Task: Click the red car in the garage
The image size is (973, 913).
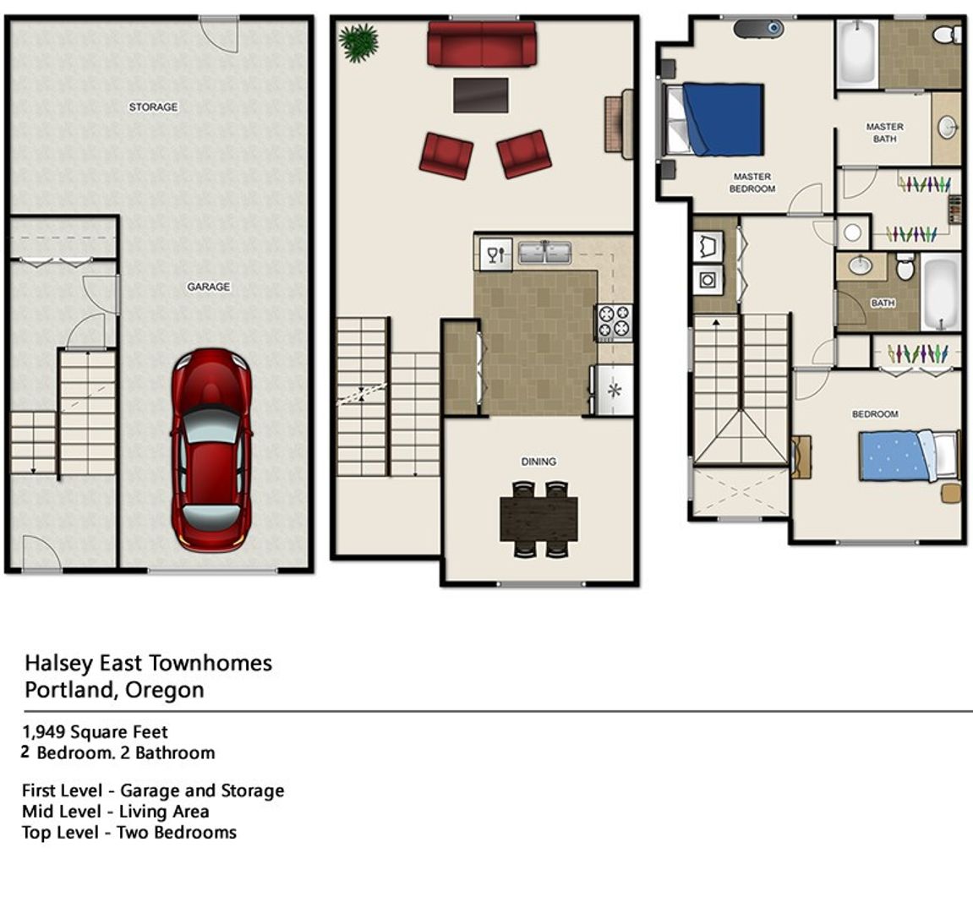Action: pos(211,450)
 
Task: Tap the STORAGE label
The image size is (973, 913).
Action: pos(153,107)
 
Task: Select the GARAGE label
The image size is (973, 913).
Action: pos(209,286)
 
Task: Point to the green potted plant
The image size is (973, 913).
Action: pos(358,42)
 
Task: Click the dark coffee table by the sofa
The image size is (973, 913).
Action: pos(481,95)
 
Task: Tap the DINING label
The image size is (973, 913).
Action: pos(538,462)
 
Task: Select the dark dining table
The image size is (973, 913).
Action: pos(539,518)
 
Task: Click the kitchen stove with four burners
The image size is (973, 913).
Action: pos(614,321)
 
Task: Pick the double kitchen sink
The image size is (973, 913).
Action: pos(545,253)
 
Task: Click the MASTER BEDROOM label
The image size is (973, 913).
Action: pos(752,183)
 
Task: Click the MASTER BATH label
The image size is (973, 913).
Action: pos(885,132)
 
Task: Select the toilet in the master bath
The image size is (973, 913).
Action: pos(946,34)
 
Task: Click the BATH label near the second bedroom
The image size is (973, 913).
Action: pos(883,303)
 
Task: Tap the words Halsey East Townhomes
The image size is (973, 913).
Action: pos(148,663)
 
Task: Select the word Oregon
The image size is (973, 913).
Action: pos(165,690)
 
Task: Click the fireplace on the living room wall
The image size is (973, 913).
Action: pos(619,124)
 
